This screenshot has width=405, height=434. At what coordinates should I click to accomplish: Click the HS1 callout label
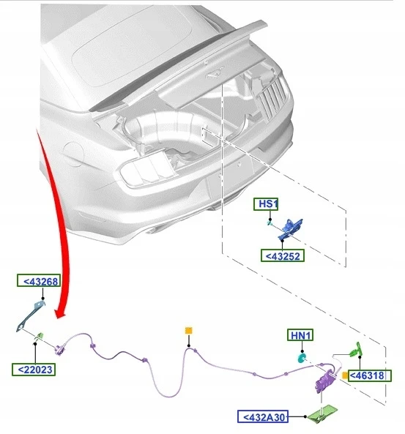(266, 204)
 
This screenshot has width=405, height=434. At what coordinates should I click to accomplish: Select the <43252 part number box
(282, 255)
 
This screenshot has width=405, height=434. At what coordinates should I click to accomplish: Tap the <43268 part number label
(39, 281)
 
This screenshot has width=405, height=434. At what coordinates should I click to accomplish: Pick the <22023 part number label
(34, 370)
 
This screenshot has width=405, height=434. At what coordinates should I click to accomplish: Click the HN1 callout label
(300, 335)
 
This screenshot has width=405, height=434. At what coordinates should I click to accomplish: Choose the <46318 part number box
(369, 375)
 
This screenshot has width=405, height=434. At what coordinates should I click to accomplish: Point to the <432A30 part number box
(263, 416)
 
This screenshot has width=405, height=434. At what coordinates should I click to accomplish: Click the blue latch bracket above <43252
(290, 229)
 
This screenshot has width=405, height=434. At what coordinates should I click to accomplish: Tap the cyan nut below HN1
(301, 358)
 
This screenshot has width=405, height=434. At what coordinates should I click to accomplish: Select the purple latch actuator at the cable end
(326, 381)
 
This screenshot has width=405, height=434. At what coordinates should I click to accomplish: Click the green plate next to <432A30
(322, 414)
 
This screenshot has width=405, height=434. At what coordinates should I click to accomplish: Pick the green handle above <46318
(356, 350)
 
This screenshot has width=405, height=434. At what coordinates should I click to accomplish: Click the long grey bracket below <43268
(30, 316)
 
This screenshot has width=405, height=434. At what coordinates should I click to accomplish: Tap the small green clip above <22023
(40, 335)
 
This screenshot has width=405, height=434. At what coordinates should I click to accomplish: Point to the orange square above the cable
(189, 330)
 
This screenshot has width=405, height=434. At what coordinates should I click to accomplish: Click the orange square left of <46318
(345, 375)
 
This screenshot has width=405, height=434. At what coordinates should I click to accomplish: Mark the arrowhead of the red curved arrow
(60, 313)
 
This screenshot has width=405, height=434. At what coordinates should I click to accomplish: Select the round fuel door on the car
(73, 154)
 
